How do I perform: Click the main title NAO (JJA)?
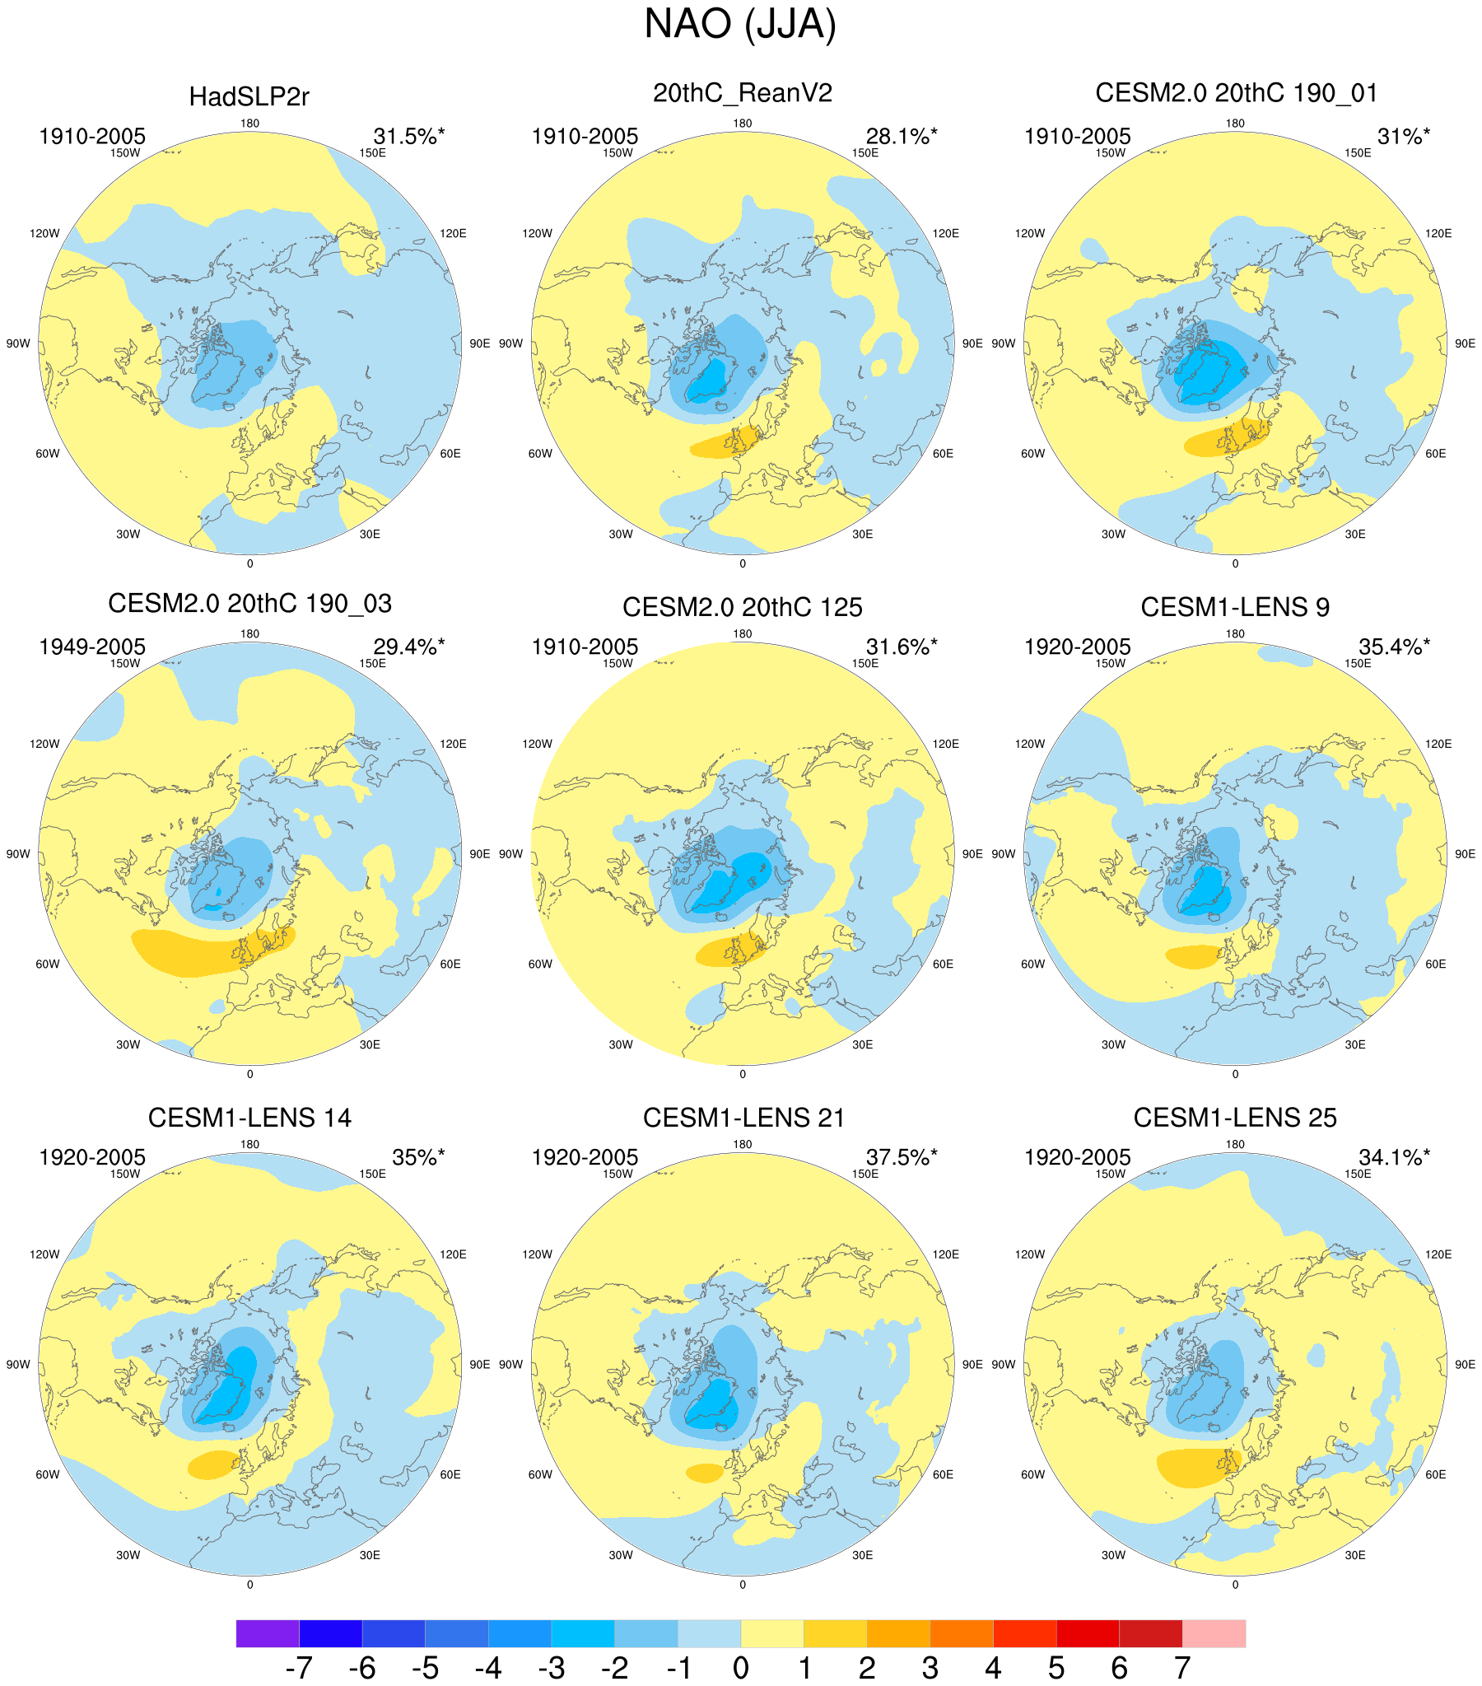coord(739,24)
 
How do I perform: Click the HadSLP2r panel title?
coord(249,97)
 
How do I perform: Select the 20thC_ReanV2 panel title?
coord(743,93)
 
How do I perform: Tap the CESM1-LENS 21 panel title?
coord(744,1118)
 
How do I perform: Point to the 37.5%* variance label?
coord(902,1157)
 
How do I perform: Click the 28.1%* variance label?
coord(902,136)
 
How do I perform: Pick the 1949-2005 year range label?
coord(92,647)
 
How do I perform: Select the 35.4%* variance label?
coord(1394,647)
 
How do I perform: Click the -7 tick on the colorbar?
coord(299,1668)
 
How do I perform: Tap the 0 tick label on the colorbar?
coord(740,1668)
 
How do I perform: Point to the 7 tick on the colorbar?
coord(1181,1668)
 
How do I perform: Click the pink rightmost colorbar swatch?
coord(1213,1633)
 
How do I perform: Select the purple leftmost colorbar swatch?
coord(268,1633)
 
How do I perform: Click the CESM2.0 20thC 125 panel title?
coord(743,607)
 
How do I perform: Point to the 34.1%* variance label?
coord(1394,1157)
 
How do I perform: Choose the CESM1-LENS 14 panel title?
coord(249,1118)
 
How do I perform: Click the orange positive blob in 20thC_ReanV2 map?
coord(725,444)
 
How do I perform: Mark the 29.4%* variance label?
coord(408,647)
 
